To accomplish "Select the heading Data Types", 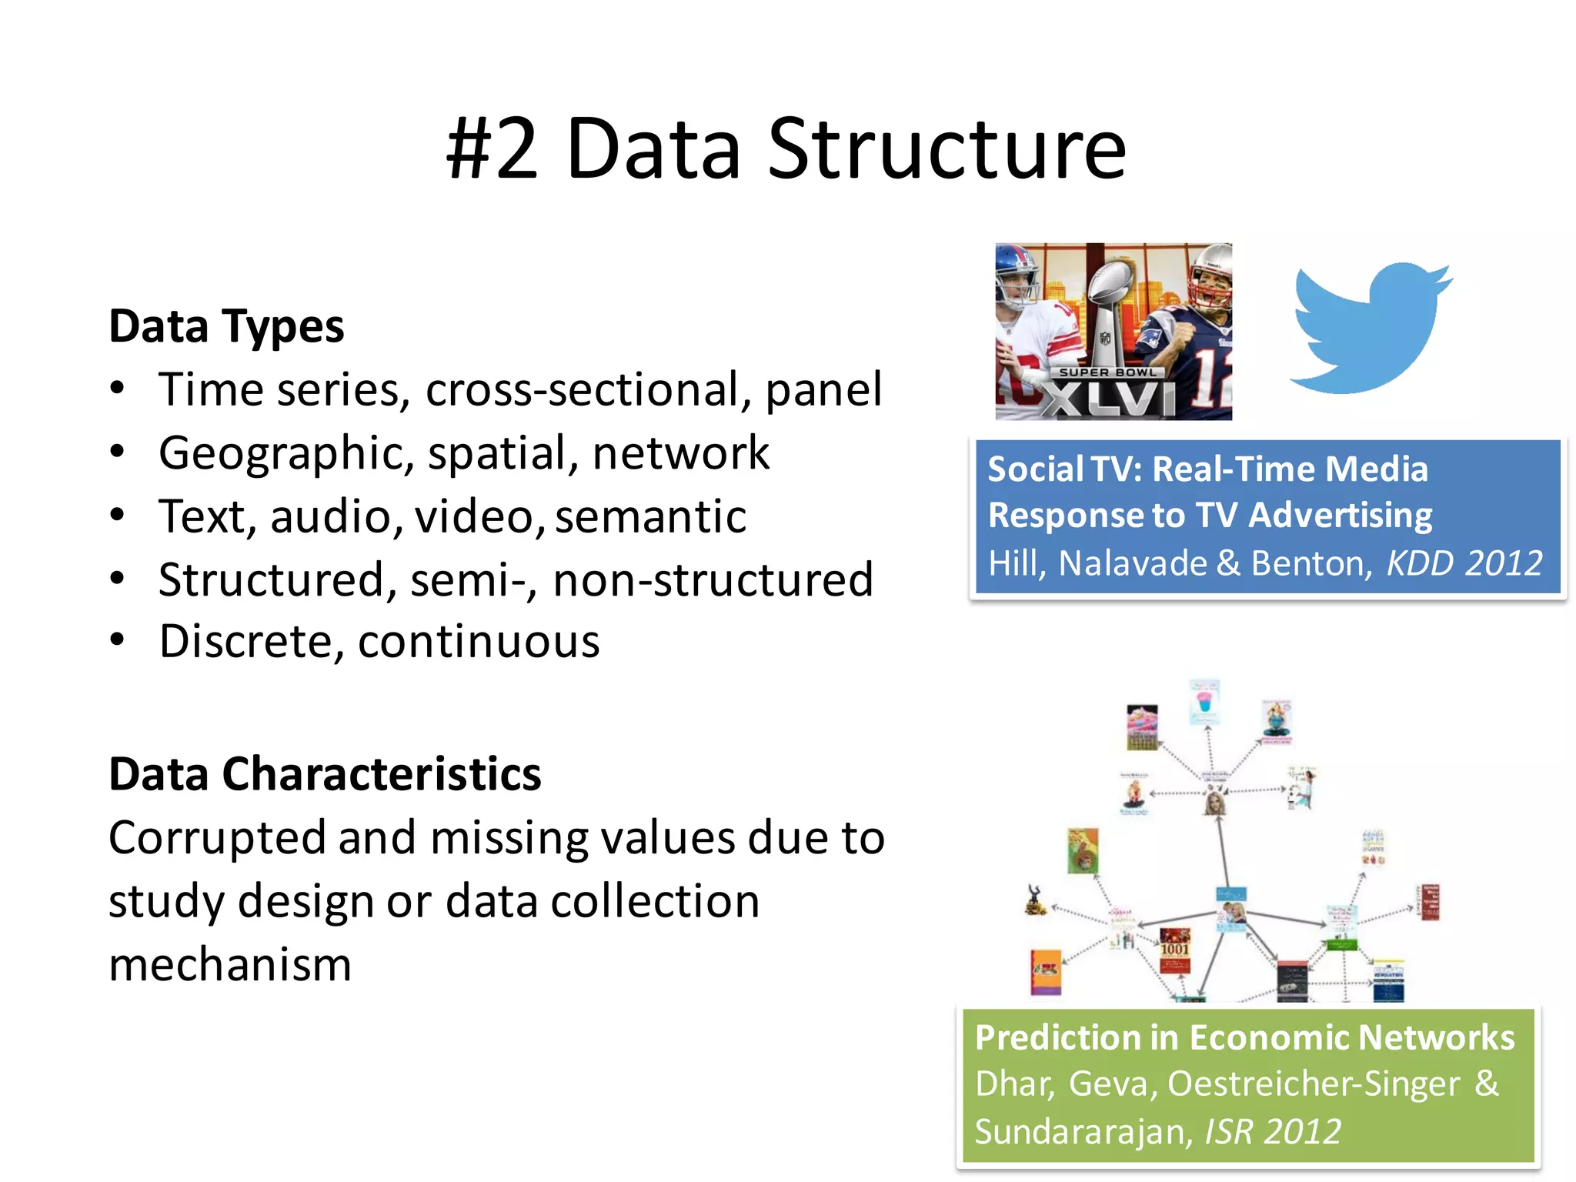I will click(x=226, y=326).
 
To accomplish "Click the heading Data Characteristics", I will click(x=325, y=774).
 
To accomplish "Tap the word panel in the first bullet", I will click(x=823, y=390).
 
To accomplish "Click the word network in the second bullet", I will click(x=680, y=453).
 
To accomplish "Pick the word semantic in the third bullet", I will click(x=650, y=516).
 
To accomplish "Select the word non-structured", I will click(x=713, y=579).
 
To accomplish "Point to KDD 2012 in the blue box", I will click(x=1464, y=563).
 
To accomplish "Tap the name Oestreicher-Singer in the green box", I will click(x=1313, y=1084).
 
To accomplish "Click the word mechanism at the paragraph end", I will click(x=230, y=965).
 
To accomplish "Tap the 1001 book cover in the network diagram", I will click(x=1174, y=950).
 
